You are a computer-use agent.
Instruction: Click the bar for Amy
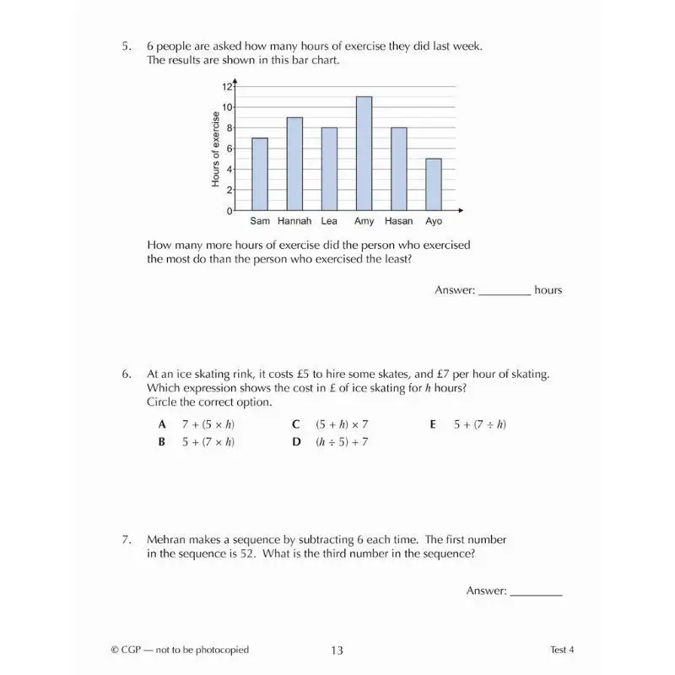pos(364,154)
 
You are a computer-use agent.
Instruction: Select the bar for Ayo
pos(433,185)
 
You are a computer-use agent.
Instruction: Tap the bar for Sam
pos(260,174)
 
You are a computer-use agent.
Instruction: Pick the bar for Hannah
pos(294,164)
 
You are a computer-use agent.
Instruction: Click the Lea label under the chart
pos(329,221)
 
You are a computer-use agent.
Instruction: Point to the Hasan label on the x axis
pos(398,221)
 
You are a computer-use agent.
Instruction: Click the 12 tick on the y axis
pos(227,87)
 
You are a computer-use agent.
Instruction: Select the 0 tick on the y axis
pos(229,211)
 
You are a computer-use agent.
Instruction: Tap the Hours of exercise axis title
pos(216,149)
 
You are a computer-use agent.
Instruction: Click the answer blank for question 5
pos(504,290)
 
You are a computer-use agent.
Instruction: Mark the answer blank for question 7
pos(536,591)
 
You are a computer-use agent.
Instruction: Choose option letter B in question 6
pos(161,442)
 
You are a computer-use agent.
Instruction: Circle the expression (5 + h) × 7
pos(342,424)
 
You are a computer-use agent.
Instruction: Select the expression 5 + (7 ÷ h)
pos(479,424)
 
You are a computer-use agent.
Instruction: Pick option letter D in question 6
pos(297,442)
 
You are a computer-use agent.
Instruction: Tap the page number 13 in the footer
pos(337,650)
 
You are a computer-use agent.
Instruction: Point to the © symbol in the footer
pos(115,650)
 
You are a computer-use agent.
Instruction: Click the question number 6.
pos(127,373)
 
